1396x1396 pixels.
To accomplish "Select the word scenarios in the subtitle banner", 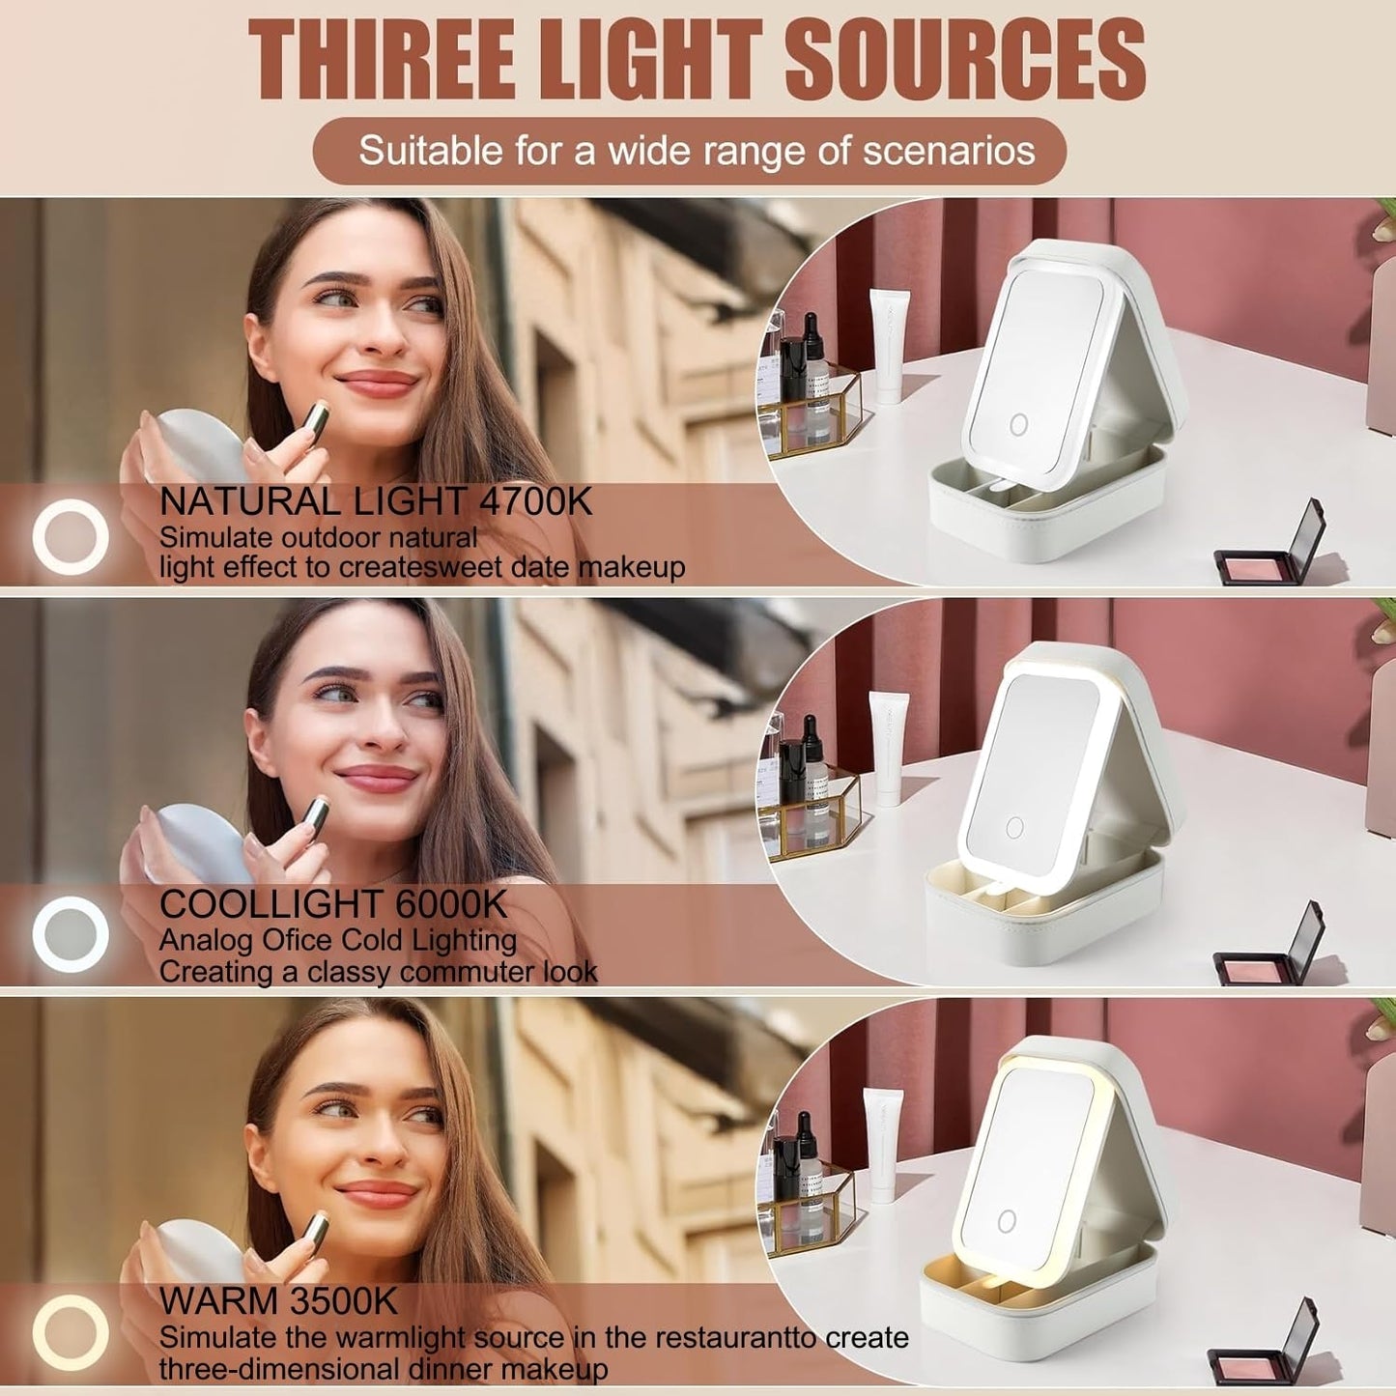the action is (x=949, y=151).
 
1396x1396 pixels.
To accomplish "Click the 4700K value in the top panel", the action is (x=536, y=501).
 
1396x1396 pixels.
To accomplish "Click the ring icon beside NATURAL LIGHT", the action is (x=71, y=537).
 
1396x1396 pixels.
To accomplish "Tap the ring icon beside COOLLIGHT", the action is (x=71, y=934).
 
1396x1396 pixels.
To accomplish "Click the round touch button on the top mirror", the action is (x=1018, y=425).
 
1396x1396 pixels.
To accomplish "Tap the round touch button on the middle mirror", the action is (x=1014, y=827).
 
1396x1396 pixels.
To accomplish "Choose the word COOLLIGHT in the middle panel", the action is (x=271, y=903).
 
